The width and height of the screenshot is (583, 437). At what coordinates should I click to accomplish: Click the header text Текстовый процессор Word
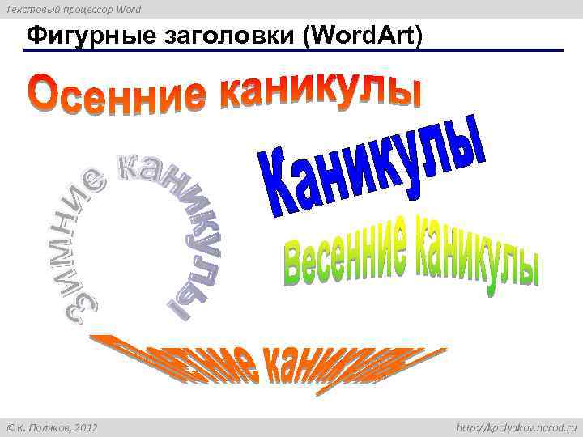pyautogui.click(x=73, y=9)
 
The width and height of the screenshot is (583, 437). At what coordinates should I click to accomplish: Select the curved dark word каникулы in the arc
pyautogui.click(x=182, y=227)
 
